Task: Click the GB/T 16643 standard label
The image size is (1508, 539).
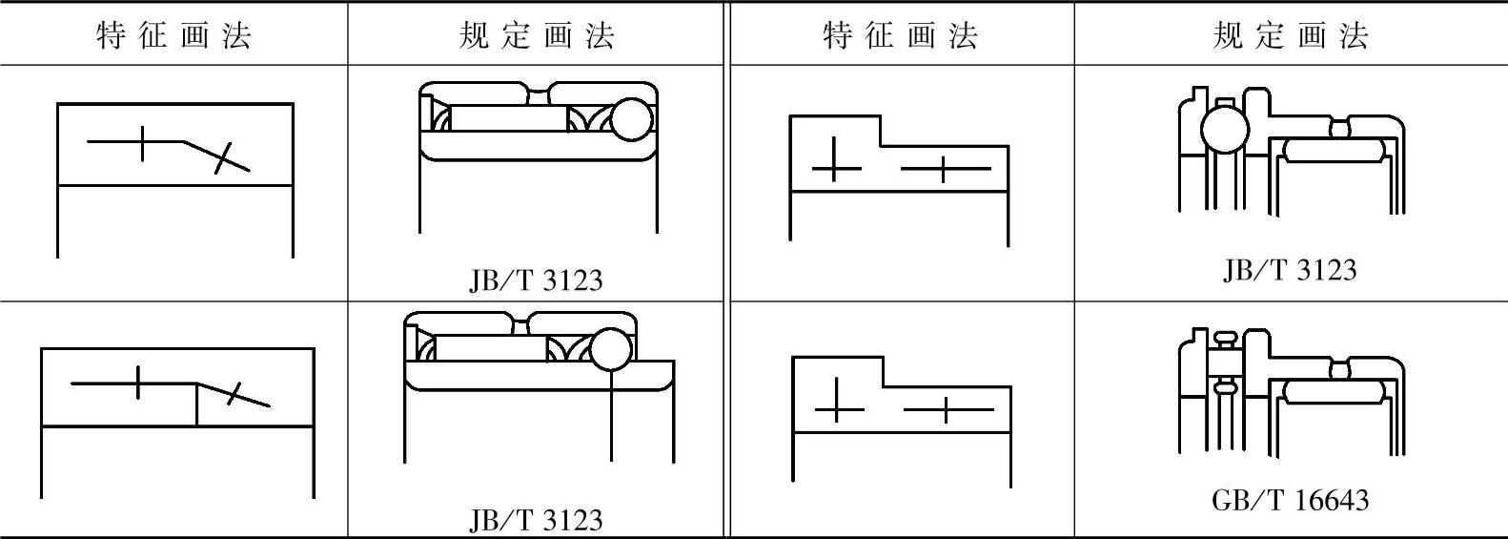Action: [x=1290, y=500]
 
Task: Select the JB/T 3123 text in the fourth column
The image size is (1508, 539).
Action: [x=1290, y=270]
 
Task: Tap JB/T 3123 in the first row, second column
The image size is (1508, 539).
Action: [x=536, y=280]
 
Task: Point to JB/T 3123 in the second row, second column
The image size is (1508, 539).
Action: [x=536, y=520]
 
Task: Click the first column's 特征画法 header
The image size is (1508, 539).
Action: [x=174, y=36]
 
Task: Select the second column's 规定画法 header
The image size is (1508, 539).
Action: [x=537, y=36]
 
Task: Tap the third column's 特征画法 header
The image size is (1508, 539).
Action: [x=901, y=36]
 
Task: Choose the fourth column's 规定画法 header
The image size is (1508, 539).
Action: [x=1291, y=36]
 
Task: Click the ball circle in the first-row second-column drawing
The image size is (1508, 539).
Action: [x=631, y=119]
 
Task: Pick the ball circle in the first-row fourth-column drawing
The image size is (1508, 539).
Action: [x=1224, y=130]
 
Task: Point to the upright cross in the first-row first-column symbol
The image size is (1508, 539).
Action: [x=142, y=142]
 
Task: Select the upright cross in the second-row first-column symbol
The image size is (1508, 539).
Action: [x=139, y=384]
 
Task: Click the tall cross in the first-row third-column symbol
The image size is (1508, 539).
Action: [x=835, y=159]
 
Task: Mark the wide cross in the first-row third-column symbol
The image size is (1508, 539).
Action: [x=944, y=170]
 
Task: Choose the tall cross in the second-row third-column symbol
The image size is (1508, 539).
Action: [x=838, y=400]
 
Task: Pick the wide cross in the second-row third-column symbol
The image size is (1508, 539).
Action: [x=947, y=410]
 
